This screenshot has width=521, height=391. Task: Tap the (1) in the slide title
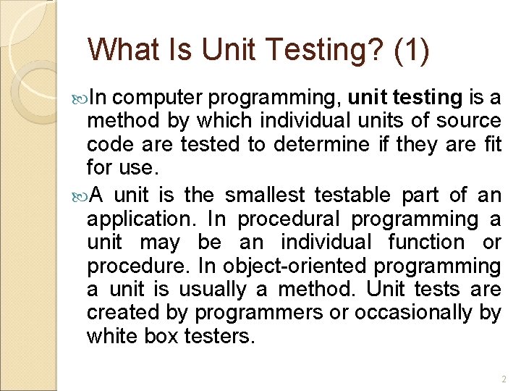(412, 50)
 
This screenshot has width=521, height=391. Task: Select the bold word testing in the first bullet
(427, 97)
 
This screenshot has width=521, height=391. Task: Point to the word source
(468, 121)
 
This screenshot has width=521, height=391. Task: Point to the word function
(425, 243)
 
